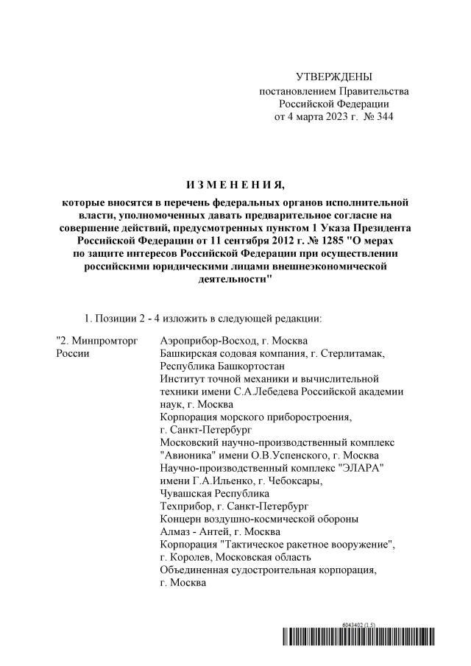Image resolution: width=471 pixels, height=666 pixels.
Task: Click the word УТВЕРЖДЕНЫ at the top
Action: tap(333, 77)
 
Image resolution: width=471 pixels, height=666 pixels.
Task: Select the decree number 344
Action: tap(383, 117)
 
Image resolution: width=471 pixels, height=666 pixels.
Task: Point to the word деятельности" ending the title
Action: tap(235, 280)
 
